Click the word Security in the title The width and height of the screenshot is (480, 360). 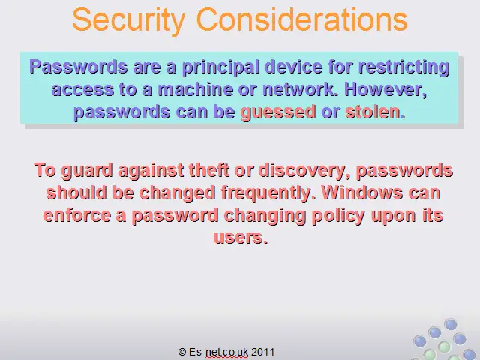click(129, 20)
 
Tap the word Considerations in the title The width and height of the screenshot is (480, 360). click(301, 19)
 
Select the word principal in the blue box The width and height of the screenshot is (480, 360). click(220, 67)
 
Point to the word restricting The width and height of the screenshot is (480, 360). click(403, 67)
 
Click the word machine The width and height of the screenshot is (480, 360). click(196, 89)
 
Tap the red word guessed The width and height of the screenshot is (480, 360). click(278, 112)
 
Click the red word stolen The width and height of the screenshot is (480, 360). click(375, 112)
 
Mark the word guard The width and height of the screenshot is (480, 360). click(87, 170)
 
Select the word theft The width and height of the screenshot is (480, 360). click(209, 170)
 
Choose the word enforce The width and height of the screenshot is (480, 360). click(77, 215)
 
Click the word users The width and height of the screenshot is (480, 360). click(241, 237)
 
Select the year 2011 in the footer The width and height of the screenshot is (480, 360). click(262, 352)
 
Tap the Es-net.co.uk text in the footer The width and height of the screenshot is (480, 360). click(219, 352)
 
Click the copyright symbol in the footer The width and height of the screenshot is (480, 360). click(182, 352)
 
